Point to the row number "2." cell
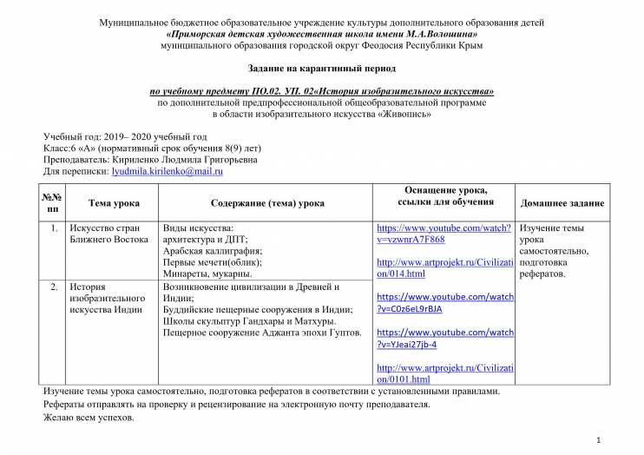(x=54, y=287)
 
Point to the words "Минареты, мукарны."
(x=207, y=274)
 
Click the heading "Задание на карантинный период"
(x=322, y=67)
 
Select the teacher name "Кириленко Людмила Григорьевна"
(x=179, y=160)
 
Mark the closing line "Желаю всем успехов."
(x=89, y=418)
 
